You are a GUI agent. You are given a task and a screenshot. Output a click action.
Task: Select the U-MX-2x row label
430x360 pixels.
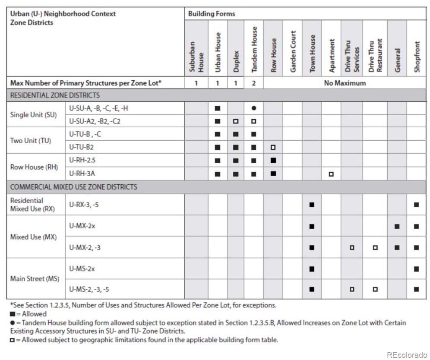(x=82, y=226)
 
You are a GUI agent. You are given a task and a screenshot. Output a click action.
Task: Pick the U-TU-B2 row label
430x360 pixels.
(x=81, y=147)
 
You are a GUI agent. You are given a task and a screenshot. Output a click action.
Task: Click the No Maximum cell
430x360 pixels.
(x=345, y=83)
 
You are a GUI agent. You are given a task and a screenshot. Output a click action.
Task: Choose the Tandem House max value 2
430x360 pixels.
(x=254, y=83)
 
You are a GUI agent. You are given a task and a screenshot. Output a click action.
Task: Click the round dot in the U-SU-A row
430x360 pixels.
(x=254, y=108)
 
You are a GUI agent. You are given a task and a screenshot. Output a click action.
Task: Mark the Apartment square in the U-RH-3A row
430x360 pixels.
(x=331, y=174)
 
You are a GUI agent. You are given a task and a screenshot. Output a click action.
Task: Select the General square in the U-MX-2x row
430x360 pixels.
(x=397, y=226)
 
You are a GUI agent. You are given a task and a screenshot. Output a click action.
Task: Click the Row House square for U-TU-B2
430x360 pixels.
(x=273, y=148)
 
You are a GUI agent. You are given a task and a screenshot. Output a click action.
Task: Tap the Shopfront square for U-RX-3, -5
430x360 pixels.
(x=416, y=205)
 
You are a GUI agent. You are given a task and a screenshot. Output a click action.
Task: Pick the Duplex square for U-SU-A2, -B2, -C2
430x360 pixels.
(x=236, y=121)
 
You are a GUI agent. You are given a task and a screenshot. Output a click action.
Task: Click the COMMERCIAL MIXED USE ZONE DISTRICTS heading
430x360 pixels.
(x=73, y=187)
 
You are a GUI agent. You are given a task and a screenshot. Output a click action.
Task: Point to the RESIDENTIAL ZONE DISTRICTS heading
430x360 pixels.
(x=54, y=95)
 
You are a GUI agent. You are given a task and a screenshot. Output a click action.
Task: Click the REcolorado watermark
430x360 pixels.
(x=407, y=355)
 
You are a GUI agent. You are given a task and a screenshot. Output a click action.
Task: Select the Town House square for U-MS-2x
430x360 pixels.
(x=312, y=269)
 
